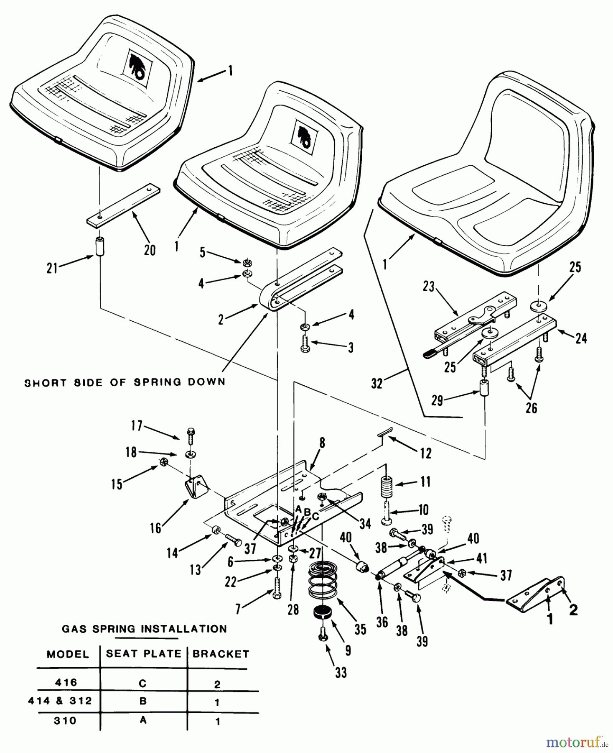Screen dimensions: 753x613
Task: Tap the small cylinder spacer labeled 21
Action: pyautogui.click(x=99, y=247)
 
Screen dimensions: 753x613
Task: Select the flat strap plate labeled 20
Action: pyautogui.click(x=123, y=205)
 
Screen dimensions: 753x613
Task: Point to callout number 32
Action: pyautogui.click(x=376, y=384)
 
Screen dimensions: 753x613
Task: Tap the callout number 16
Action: pyautogui.click(x=155, y=528)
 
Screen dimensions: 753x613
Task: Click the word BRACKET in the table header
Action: pyautogui.click(x=221, y=654)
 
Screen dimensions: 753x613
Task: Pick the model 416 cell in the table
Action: pyautogui.click(x=66, y=682)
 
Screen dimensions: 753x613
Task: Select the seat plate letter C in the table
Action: pyautogui.click(x=142, y=683)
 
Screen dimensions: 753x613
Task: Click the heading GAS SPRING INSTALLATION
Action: pyautogui.click(x=144, y=629)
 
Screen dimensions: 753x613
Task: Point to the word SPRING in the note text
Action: pyautogui.click(x=153, y=382)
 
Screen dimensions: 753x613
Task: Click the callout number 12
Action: pyautogui.click(x=425, y=453)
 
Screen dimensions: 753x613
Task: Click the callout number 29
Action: pyautogui.click(x=437, y=400)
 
